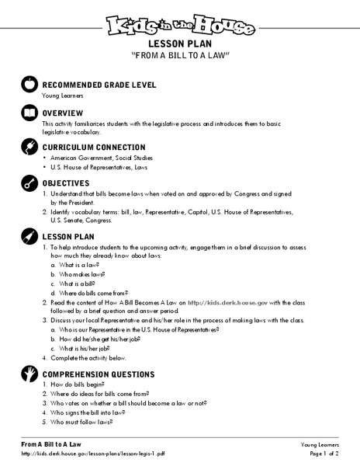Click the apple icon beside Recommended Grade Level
(28, 85)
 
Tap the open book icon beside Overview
(28, 113)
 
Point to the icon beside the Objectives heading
(28, 183)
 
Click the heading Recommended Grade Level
(104, 85)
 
